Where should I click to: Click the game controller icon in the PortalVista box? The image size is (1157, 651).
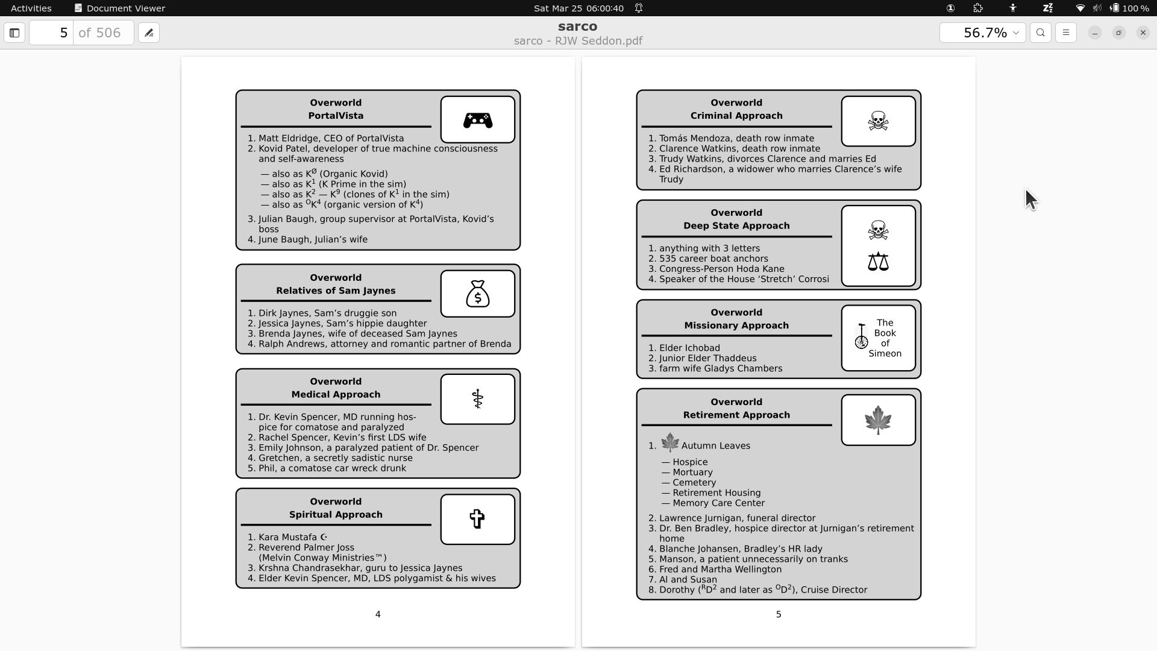point(477,121)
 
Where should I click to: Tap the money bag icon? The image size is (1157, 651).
point(477,294)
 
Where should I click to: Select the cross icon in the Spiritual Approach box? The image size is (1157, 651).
point(477,519)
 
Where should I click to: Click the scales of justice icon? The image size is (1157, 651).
point(878,262)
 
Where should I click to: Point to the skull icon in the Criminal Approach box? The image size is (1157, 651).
point(878,121)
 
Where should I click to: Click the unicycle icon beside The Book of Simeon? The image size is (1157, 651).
point(862,336)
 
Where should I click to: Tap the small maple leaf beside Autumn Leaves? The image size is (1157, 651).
point(669,443)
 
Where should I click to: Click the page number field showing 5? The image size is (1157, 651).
point(52,33)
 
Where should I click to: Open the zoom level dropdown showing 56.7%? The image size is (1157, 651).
point(982,33)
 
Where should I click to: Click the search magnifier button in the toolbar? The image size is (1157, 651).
point(1041,33)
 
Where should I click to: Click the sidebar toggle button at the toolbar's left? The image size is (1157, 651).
point(14,33)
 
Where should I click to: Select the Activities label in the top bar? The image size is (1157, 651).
point(31,8)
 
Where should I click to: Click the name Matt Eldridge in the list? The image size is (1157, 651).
point(287,138)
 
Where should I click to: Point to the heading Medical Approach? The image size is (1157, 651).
point(336,394)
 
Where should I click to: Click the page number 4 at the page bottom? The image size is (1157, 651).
point(378,614)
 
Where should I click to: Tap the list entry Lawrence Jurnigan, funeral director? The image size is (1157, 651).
point(737,518)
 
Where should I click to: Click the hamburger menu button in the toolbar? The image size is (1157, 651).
point(1066,33)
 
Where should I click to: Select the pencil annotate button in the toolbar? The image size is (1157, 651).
point(149,33)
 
